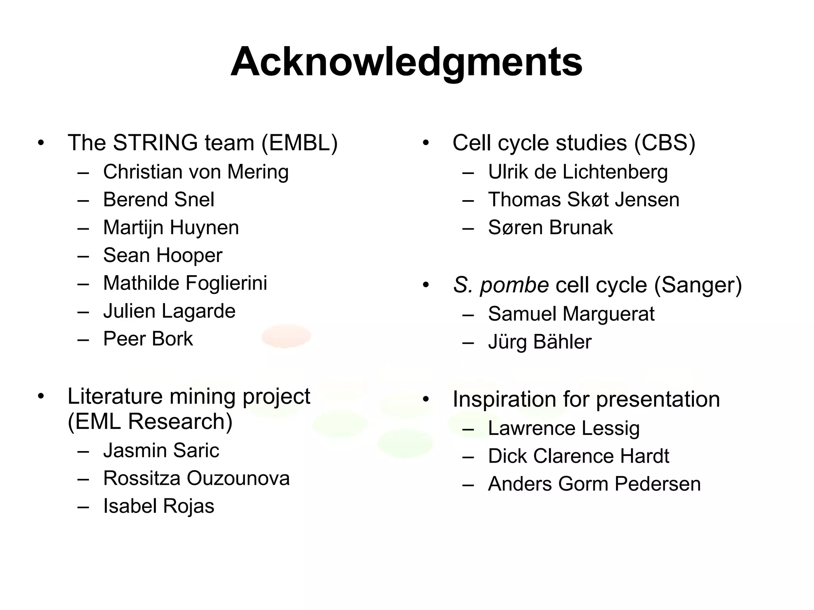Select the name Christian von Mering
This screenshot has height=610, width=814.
click(x=196, y=172)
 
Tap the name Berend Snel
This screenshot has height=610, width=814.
click(x=159, y=200)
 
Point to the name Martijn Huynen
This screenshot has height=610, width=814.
click(x=171, y=228)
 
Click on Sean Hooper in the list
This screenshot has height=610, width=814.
click(x=163, y=255)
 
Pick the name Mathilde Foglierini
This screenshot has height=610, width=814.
click(x=185, y=283)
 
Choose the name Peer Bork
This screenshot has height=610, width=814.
click(x=148, y=339)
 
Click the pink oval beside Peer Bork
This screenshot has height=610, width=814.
click(x=286, y=336)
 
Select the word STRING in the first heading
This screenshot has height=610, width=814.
click(x=155, y=143)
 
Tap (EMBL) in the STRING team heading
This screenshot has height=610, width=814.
click(x=299, y=143)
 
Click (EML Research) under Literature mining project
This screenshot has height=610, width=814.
click(x=150, y=421)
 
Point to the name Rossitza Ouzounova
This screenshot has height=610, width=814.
click(x=196, y=478)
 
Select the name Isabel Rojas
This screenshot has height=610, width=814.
click(x=159, y=506)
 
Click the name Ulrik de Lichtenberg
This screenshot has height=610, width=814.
click(x=578, y=172)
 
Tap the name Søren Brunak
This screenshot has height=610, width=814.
click(x=550, y=228)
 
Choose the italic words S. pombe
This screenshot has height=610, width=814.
click(x=501, y=285)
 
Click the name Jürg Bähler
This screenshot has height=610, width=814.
click(x=540, y=342)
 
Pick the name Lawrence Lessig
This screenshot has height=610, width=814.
click(x=564, y=428)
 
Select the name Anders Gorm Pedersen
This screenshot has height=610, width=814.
click(x=594, y=484)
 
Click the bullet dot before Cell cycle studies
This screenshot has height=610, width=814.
click(x=426, y=143)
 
